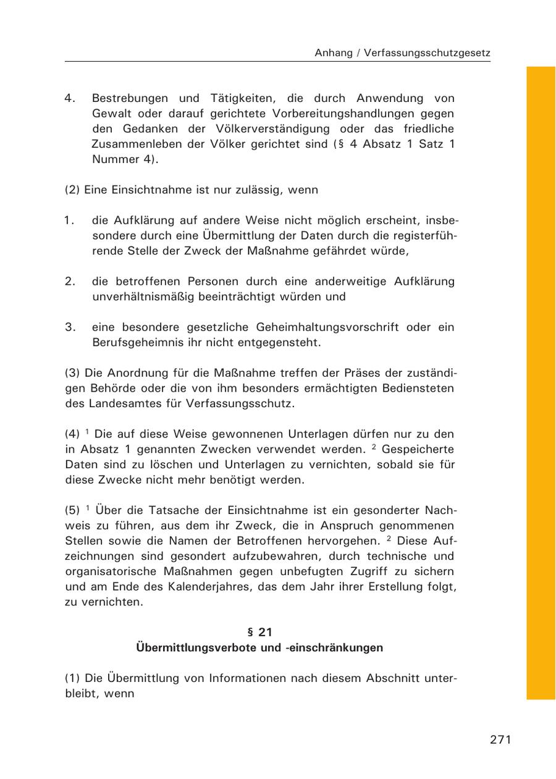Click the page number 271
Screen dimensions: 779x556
click(500, 739)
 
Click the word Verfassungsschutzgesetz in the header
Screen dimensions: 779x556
click(427, 53)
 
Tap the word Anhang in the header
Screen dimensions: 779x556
click(334, 53)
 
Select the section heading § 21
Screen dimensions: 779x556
click(259, 632)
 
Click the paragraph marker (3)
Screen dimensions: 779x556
click(72, 373)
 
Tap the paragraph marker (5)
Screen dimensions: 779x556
click(72, 510)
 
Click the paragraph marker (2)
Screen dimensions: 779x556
click(72, 190)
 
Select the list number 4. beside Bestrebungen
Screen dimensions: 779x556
click(70, 98)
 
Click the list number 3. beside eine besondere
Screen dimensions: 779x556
click(70, 327)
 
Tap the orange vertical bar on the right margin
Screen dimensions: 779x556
click(541, 383)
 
